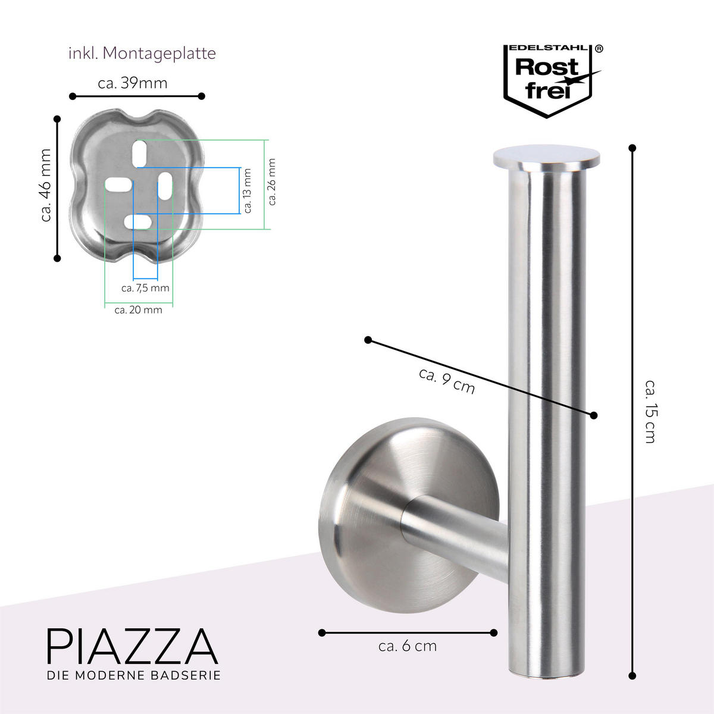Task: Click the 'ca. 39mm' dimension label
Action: (x=133, y=83)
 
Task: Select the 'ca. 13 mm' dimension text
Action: (x=248, y=190)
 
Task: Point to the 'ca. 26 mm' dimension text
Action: (x=272, y=181)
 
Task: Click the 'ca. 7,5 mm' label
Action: (x=145, y=289)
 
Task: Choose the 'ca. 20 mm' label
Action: (x=138, y=310)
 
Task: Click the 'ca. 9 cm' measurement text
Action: (x=447, y=381)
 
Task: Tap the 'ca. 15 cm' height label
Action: (x=649, y=411)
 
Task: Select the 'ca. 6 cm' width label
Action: (x=408, y=646)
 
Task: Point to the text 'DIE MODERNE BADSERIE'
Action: (x=134, y=675)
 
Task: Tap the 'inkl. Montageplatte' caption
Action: (x=142, y=54)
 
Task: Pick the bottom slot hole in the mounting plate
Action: (x=139, y=222)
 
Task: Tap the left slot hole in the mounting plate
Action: (x=118, y=184)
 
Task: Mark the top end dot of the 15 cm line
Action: (x=632, y=148)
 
